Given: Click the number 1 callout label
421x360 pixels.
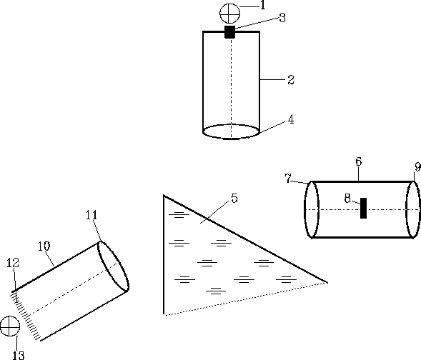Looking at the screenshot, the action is pyautogui.click(x=263, y=5).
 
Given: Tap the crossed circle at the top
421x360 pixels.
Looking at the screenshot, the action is pyautogui.click(x=230, y=14).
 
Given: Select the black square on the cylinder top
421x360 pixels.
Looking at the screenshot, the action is pyautogui.click(x=230, y=32).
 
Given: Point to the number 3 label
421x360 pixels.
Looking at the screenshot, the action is pyautogui.click(x=282, y=18).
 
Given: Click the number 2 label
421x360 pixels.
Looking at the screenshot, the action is pyautogui.click(x=291, y=80).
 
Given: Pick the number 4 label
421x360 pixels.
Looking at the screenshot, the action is pyautogui.click(x=291, y=119).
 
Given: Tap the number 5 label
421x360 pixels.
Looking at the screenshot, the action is pyautogui.click(x=234, y=199).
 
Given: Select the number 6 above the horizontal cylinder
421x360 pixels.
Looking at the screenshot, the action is pyautogui.click(x=359, y=161).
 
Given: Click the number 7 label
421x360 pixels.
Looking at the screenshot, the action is pyautogui.click(x=288, y=179).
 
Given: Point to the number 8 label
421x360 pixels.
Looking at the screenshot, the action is pyautogui.click(x=347, y=199).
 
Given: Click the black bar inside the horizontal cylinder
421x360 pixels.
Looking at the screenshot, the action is pyautogui.click(x=363, y=208).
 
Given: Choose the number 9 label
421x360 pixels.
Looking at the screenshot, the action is pyautogui.click(x=417, y=167).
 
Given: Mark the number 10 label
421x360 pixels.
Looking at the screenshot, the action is pyautogui.click(x=44, y=246).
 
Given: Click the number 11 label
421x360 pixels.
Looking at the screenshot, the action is pyautogui.click(x=91, y=215).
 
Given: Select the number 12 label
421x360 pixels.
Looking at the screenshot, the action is pyautogui.click(x=13, y=263).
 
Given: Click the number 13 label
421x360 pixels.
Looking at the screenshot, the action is pyautogui.click(x=19, y=355).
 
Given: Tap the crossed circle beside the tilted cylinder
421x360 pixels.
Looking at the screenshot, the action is pyautogui.click(x=10, y=326).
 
